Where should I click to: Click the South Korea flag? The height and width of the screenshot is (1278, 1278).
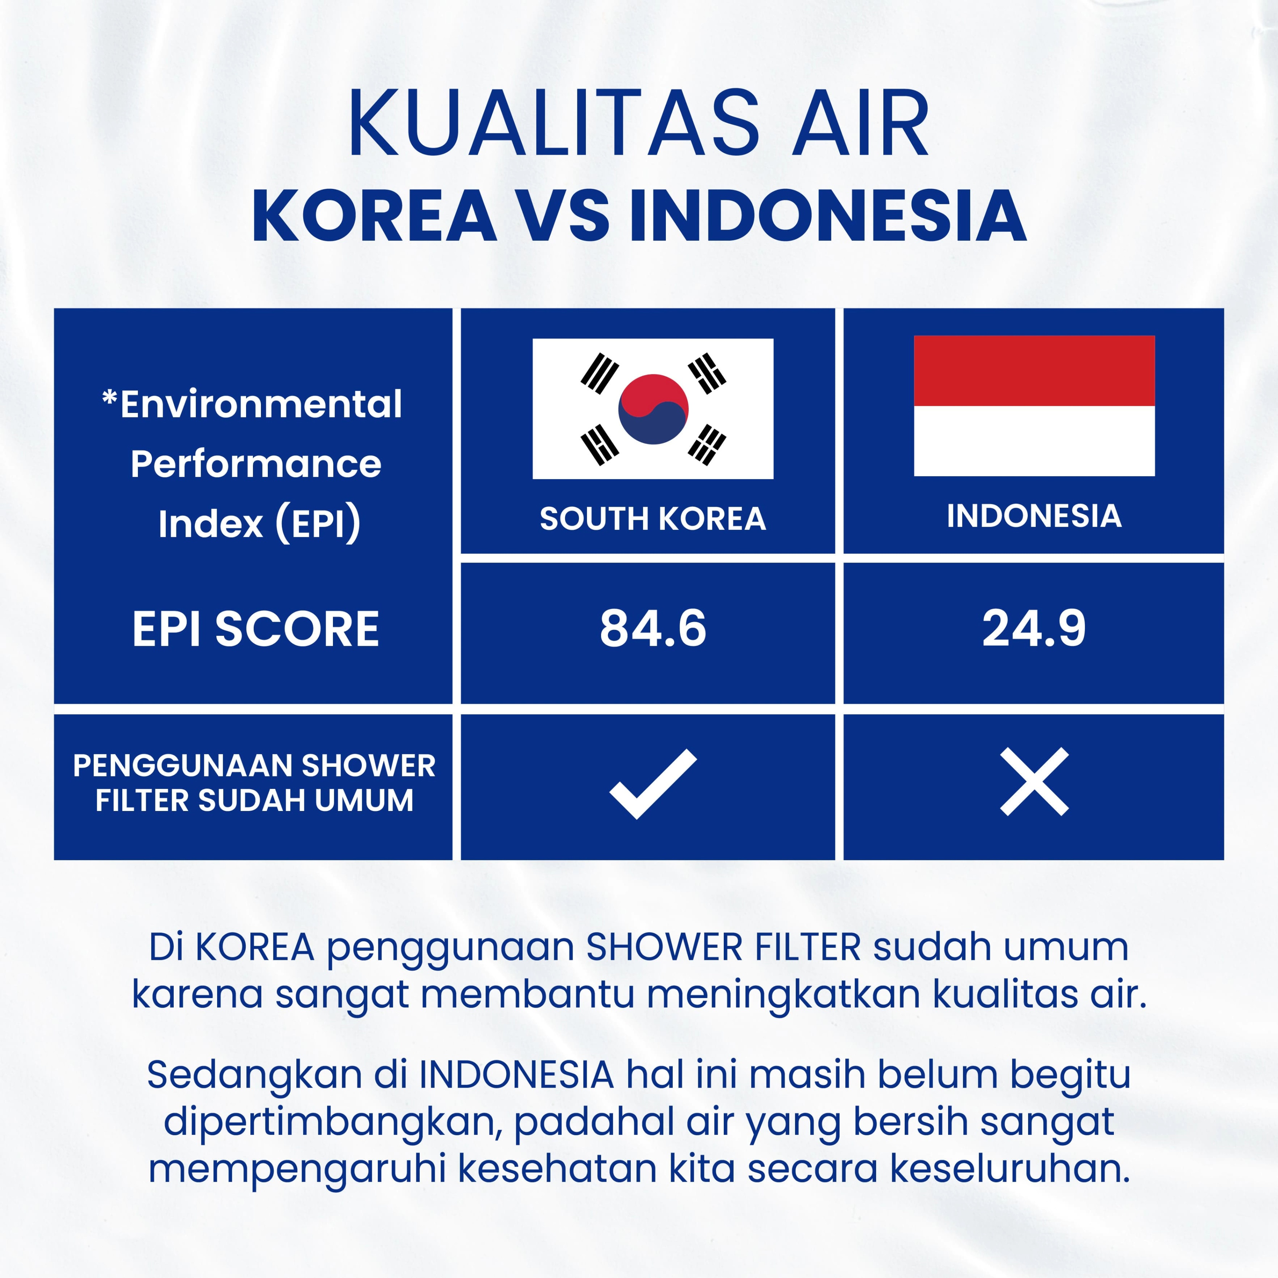(x=653, y=409)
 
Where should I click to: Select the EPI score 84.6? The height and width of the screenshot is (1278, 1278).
(x=653, y=629)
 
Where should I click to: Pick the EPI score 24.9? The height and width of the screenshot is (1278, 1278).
(x=1034, y=629)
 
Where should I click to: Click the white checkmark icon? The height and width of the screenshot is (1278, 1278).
(x=653, y=784)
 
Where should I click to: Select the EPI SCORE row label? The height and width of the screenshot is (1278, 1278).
(x=256, y=629)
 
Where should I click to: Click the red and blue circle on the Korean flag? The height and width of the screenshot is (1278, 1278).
(x=653, y=409)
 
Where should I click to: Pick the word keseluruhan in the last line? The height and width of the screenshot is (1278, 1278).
(x=1010, y=1169)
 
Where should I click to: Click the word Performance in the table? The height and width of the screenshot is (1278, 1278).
(x=256, y=464)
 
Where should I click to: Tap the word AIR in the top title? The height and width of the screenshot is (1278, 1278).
(x=861, y=124)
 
